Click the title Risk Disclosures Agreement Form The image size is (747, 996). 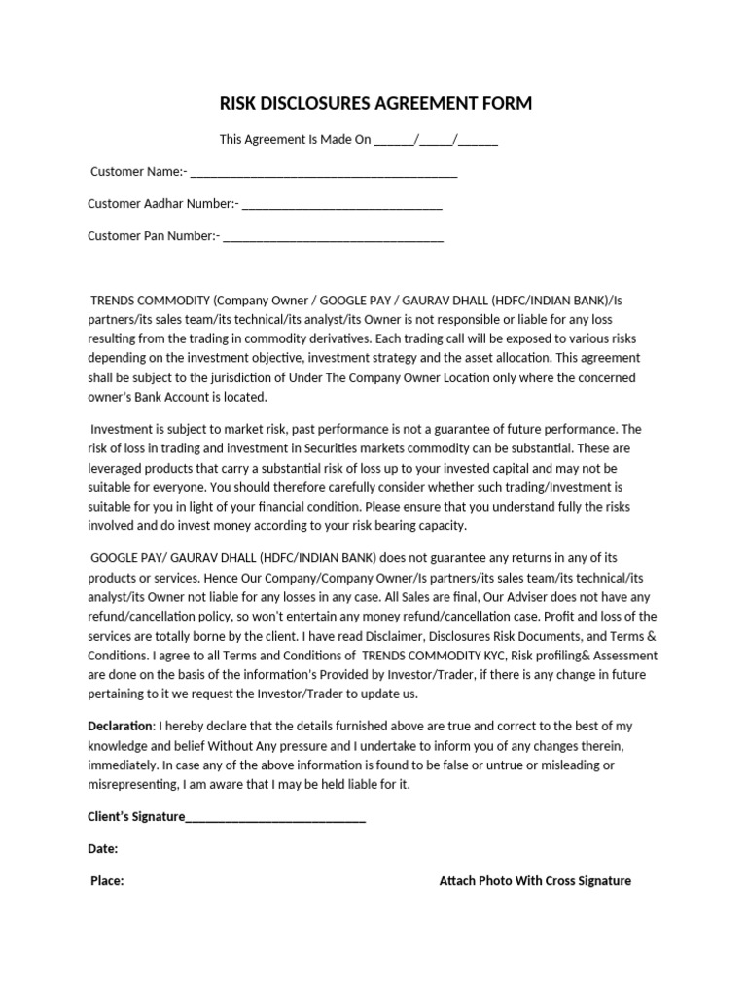point(374,104)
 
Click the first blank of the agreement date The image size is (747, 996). point(394,140)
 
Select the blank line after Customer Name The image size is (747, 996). point(323,174)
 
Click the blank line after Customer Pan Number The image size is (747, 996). point(333,237)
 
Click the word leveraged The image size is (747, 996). point(116,468)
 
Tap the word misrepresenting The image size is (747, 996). point(132,785)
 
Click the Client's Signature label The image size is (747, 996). point(136,817)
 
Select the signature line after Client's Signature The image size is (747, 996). point(275,819)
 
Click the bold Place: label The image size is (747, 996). point(107,881)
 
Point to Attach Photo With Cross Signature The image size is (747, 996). point(535,881)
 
